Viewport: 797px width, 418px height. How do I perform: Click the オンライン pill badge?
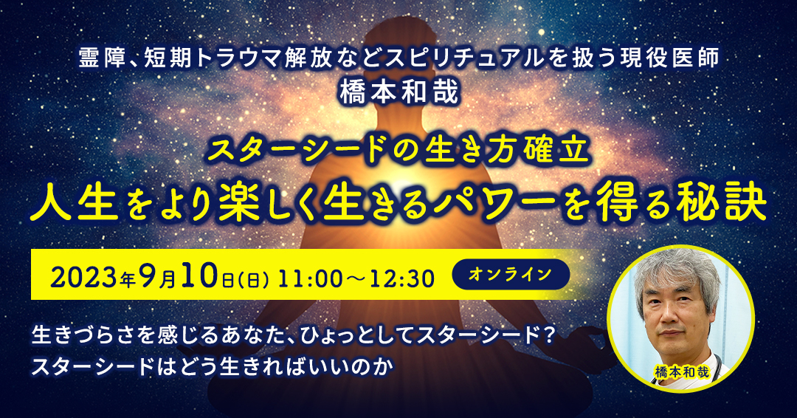[x=511, y=274]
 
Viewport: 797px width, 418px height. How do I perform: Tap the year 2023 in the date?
[x=84, y=278]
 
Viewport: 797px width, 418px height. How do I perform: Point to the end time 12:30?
[x=404, y=278]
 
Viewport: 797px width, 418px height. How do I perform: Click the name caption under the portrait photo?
[x=681, y=371]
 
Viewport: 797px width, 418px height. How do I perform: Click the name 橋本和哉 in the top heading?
[x=399, y=92]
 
